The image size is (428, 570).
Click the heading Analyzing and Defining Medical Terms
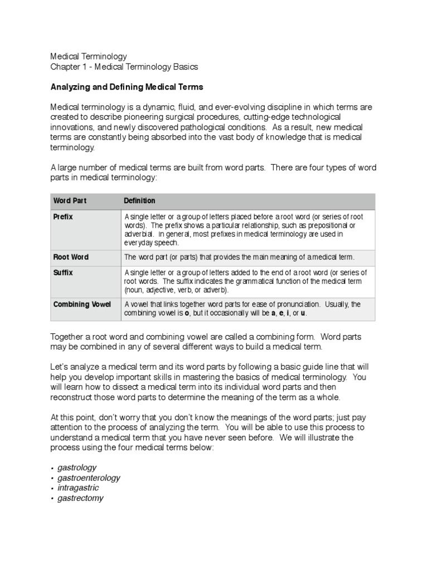(127, 87)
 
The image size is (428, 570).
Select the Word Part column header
(70, 200)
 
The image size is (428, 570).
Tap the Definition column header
(139, 200)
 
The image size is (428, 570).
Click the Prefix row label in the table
(63, 217)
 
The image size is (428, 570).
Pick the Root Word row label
(71, 257)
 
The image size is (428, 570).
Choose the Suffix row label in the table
(63, 273)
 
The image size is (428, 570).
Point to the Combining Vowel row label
(82, 304)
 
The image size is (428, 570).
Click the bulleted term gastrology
(77, 468)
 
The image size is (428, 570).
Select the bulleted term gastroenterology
(89, 478)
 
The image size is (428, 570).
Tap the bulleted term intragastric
(78, 488)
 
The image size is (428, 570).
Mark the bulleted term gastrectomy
(80, 498)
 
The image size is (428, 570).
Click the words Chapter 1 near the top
(69, 67)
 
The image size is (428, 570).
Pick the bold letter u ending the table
(303, 313)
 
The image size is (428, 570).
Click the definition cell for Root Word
(239, 257)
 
